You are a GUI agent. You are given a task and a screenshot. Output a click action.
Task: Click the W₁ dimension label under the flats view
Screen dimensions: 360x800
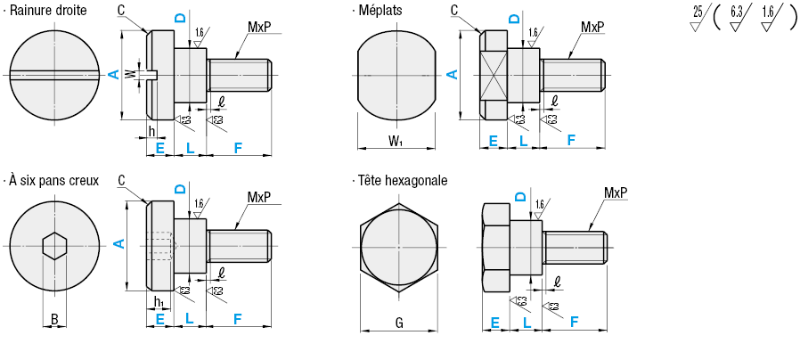tap(396, 142)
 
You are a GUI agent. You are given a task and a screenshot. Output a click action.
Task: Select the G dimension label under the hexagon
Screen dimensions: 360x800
tap(399, 323)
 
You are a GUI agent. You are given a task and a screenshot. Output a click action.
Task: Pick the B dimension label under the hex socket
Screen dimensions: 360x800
tap(54, 318)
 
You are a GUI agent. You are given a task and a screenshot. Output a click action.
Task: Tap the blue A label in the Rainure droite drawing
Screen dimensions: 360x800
tap(113, 76)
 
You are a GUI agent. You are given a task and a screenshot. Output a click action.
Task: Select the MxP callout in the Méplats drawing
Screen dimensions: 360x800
tap(592, 28)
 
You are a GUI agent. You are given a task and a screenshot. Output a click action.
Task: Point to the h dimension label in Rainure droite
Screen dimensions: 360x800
tap(151, 130)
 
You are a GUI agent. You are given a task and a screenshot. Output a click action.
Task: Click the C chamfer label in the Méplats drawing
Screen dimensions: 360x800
tap(454, 10)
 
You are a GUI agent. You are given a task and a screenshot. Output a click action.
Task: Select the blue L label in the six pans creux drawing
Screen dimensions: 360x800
tap(190, 318)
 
